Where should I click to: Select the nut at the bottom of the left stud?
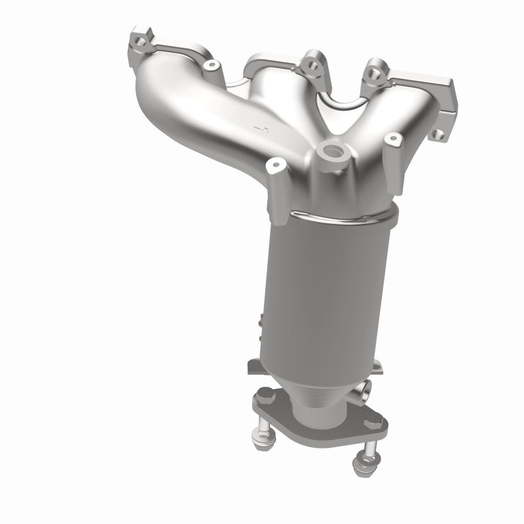click(276, 447)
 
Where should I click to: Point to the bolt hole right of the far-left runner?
click(211, 65)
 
